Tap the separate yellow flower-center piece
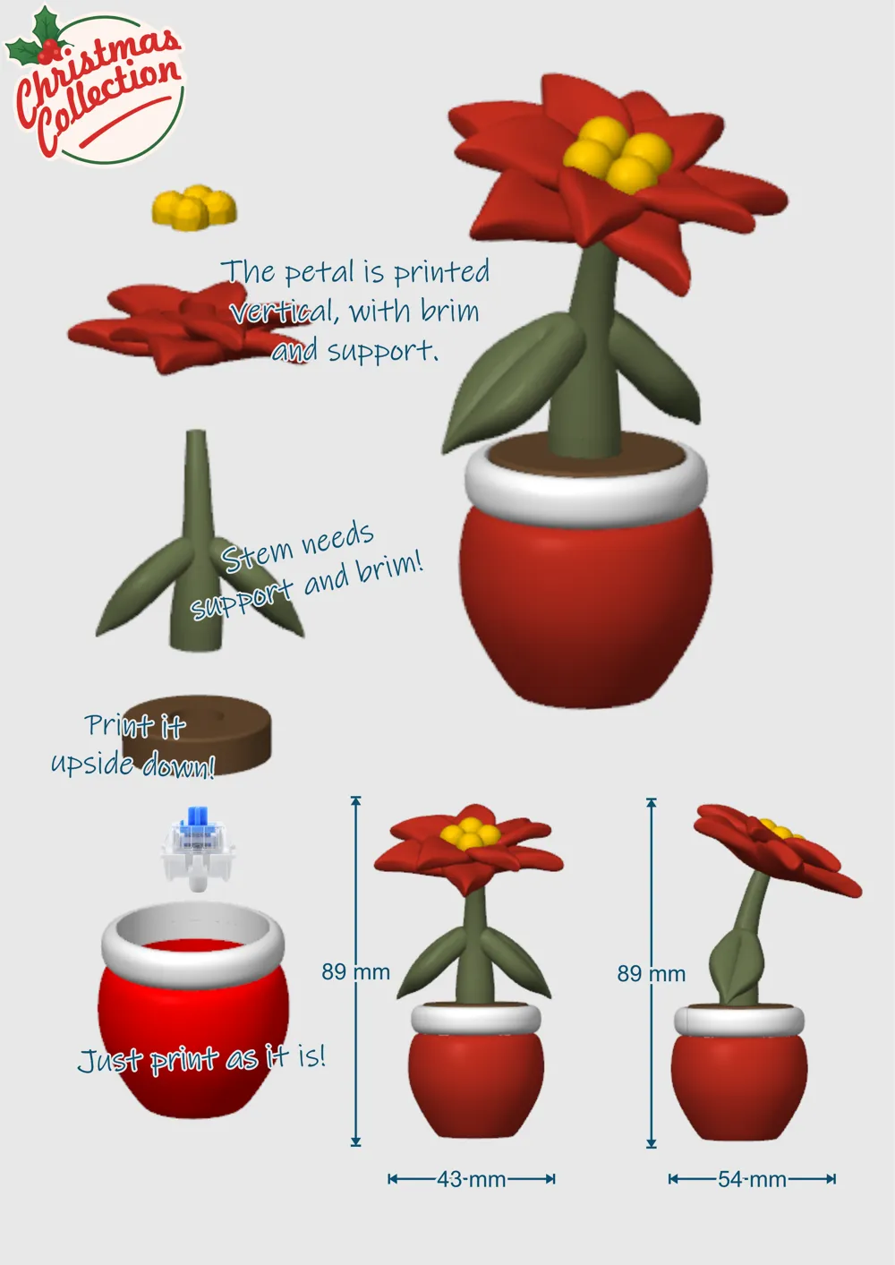(194, 208)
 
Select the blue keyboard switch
(198, 849)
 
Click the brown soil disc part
(197, 734)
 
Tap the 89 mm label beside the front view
(355, 972)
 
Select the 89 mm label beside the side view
(651, 974)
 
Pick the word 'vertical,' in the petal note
(284, 312)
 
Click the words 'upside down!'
(133, 765)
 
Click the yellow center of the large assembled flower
(618, 152)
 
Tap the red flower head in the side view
(778, 850)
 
